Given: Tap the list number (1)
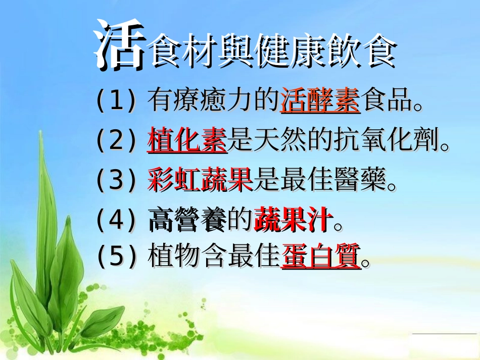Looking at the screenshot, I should (x=116, y=101).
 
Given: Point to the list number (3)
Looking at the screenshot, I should (x=116, y=179).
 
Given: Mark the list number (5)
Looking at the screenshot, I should (x=116, y=256).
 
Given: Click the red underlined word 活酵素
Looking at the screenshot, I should (x=320, y=100).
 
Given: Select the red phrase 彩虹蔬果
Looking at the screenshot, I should (x=201, y=179).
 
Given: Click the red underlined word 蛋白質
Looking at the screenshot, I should (x=321, y=256).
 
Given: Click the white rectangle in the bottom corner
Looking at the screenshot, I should (x=445, y=347).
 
